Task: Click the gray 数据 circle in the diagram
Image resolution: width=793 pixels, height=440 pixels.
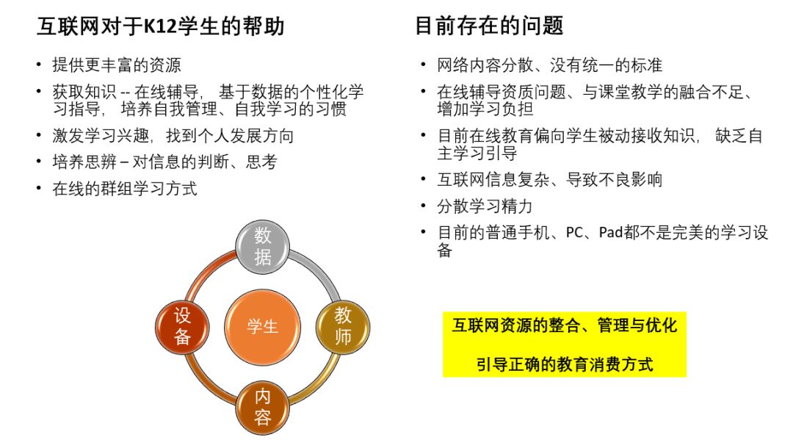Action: tap(262, 246)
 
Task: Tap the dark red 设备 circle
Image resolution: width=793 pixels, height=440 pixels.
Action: tap(183, 326)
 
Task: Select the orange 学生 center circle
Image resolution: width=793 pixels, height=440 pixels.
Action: tap(262, 326)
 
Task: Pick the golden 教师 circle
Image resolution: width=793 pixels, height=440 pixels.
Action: tap(343, 326)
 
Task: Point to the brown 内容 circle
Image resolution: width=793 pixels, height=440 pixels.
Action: tap(262, 406)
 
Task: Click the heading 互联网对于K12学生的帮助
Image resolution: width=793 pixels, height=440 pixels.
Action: tap(160, 27)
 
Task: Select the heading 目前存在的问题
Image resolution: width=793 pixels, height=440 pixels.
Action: tap(489, 27)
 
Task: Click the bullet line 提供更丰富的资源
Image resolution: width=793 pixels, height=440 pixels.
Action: tap(116, 65)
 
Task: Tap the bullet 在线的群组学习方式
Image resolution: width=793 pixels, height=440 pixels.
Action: tap(124, 188)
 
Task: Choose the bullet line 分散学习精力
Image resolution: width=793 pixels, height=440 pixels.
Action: tap(485, 206)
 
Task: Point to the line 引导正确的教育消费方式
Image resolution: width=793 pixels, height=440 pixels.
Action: tap(564, 364)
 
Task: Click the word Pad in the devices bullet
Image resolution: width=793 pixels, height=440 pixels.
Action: tap(611, 233)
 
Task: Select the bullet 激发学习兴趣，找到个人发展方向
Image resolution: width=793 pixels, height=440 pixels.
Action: tap(173, 136)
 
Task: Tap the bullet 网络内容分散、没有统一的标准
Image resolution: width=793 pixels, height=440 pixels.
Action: tap(550, 65)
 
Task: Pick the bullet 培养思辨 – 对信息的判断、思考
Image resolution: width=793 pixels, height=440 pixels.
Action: tap(164, 162)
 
